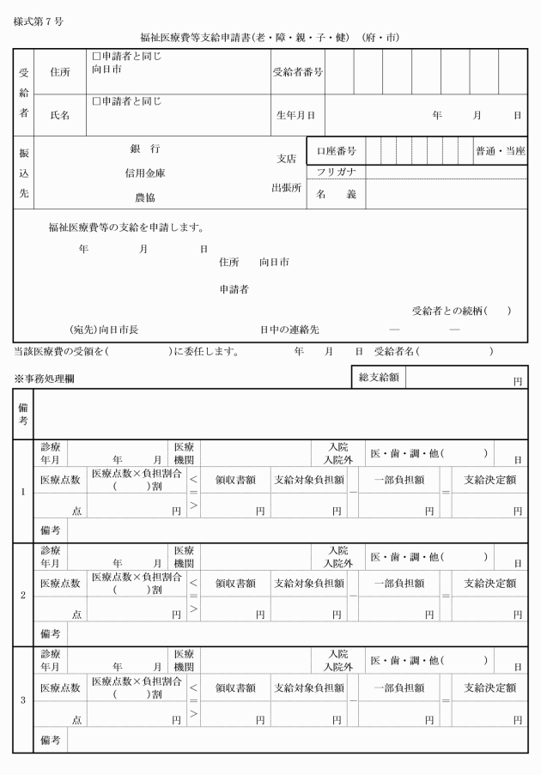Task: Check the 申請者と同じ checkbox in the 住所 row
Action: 96,57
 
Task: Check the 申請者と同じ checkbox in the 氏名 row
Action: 96,101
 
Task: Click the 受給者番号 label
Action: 298,72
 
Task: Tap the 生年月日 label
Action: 295,114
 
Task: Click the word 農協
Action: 145,197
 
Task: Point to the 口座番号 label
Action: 337,151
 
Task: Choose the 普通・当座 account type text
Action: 501,151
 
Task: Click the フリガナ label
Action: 336,173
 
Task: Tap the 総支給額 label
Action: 378,377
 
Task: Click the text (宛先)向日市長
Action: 104,329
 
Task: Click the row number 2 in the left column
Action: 22,593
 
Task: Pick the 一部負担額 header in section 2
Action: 398,583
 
